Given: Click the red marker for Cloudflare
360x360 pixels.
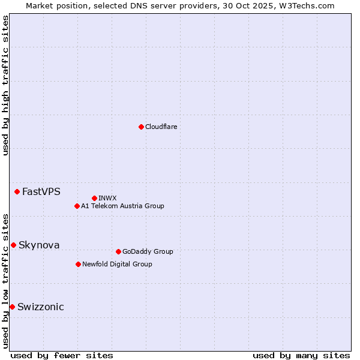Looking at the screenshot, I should point(141,127).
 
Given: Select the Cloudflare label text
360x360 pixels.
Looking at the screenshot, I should point(161,127).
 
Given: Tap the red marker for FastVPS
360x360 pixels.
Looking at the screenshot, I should point(17,191).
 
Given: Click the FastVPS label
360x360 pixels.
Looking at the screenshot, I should point(41,192).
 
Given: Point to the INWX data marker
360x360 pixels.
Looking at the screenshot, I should point(94,198).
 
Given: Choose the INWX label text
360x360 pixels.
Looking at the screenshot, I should point(107,198).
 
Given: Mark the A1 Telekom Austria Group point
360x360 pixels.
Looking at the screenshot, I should point(77,206).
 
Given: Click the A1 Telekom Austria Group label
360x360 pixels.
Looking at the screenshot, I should point(122,206).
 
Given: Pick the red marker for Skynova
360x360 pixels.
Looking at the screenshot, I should point(13,245).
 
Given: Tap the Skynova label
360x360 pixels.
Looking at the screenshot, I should point(39,245).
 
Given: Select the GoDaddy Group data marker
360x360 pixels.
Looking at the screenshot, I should point(118,251).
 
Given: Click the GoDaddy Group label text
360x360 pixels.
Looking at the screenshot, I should point(148,251).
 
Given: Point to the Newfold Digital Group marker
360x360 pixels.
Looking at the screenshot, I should point(78,264).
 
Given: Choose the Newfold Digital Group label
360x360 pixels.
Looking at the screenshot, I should point(117,264).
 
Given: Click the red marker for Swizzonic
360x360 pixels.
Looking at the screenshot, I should point(12,307).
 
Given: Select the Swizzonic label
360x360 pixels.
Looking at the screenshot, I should point(41,307).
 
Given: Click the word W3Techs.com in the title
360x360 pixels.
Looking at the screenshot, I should point(310,5).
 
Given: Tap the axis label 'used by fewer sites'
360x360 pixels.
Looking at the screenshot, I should point(62,355).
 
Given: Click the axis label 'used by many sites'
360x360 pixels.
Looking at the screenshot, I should point(301,355).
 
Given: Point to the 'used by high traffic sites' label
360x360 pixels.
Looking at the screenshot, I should point(5,85).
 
